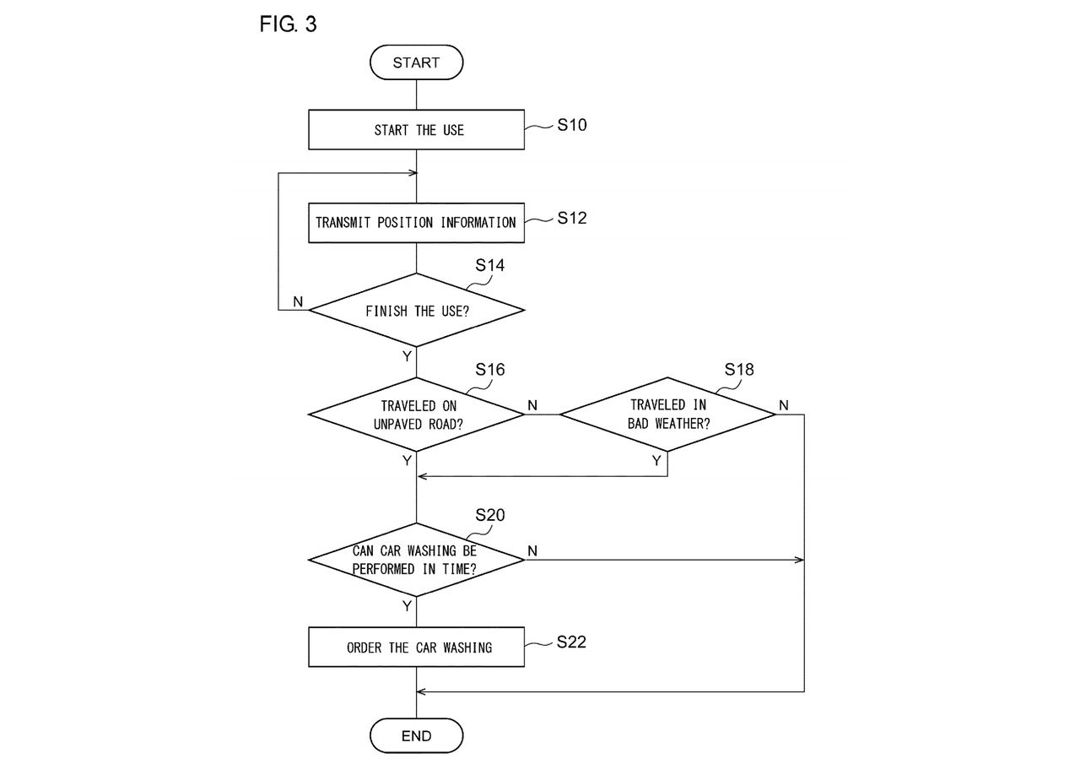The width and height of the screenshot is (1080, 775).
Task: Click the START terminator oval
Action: pyautogui.click(x=417, y=62)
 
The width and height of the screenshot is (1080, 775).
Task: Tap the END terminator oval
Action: pyautogui.click(x=417, y=735)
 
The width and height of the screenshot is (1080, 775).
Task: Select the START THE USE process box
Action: pyautogui.click(x=417, y=129)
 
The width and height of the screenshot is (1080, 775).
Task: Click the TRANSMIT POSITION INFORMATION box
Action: pyautogui.click(x=417, y=223)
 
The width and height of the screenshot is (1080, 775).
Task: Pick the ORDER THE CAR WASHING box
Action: pyautogui.click(x=417, y=648)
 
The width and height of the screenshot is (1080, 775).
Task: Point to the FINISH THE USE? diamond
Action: pyautogui.click(x=417, y=311)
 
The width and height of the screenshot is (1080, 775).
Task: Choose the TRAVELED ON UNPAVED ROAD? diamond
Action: pyautogui.click(x=417, y=415)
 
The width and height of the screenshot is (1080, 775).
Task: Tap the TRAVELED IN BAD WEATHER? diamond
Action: pyautogui.click(x=667, y=415)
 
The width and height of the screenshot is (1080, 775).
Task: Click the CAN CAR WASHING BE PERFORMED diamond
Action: pyautogui.click(x=417, y=560)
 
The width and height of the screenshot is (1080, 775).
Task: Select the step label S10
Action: pyautogui.click(x=572, y=125)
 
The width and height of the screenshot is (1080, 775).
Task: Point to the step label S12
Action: pyautogui.click(x=572, y=218)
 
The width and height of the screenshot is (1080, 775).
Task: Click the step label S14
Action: pyautogui.click(x=490, y=265)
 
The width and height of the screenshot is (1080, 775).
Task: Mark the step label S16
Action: pyautogui.click(x=490, y=369)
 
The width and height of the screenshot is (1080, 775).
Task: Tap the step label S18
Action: pyautogui.click(x=739, y=369)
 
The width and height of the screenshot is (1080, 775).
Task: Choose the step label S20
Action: pyautogui.click(x=490, y=515)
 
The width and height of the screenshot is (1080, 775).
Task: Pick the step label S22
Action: pyautogui.click(x=571, y=642)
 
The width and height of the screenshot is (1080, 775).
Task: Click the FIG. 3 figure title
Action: pyautogui.click(x=288, y=24)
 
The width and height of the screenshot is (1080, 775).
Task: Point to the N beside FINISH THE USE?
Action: pyautogui.click(x=298, y=301)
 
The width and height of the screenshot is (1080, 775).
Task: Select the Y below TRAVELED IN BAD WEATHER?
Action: pyautogui.click(x=656, y=461)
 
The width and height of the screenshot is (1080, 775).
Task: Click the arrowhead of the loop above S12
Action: pyautogui.click(x=413, y=173)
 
